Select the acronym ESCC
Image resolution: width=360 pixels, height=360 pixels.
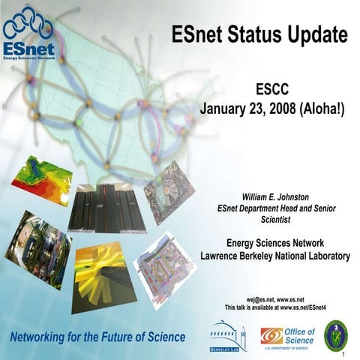click(272, 90)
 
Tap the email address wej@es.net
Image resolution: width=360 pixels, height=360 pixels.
click(253, 298)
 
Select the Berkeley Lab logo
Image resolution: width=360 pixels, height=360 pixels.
click(228, 336)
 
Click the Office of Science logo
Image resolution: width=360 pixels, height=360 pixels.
click(287, 335)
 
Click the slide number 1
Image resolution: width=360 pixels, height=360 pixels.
click(343, 354)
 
